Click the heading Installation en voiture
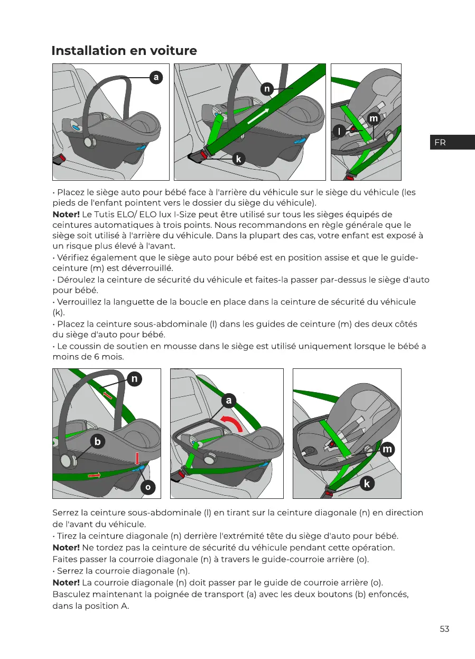[124, 51]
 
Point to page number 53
[444, 629]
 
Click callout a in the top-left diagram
[155, 77]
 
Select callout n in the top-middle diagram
[267, 89]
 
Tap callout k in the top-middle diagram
[239, 159]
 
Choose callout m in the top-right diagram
[374, 119]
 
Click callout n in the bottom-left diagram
[135, 379]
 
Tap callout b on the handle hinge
[97, 441]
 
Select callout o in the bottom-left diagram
[148, 488]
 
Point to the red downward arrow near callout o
[136, 458]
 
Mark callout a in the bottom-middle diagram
[228, 401]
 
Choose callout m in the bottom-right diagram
[387, 449]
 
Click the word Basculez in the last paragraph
[72, 594]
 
